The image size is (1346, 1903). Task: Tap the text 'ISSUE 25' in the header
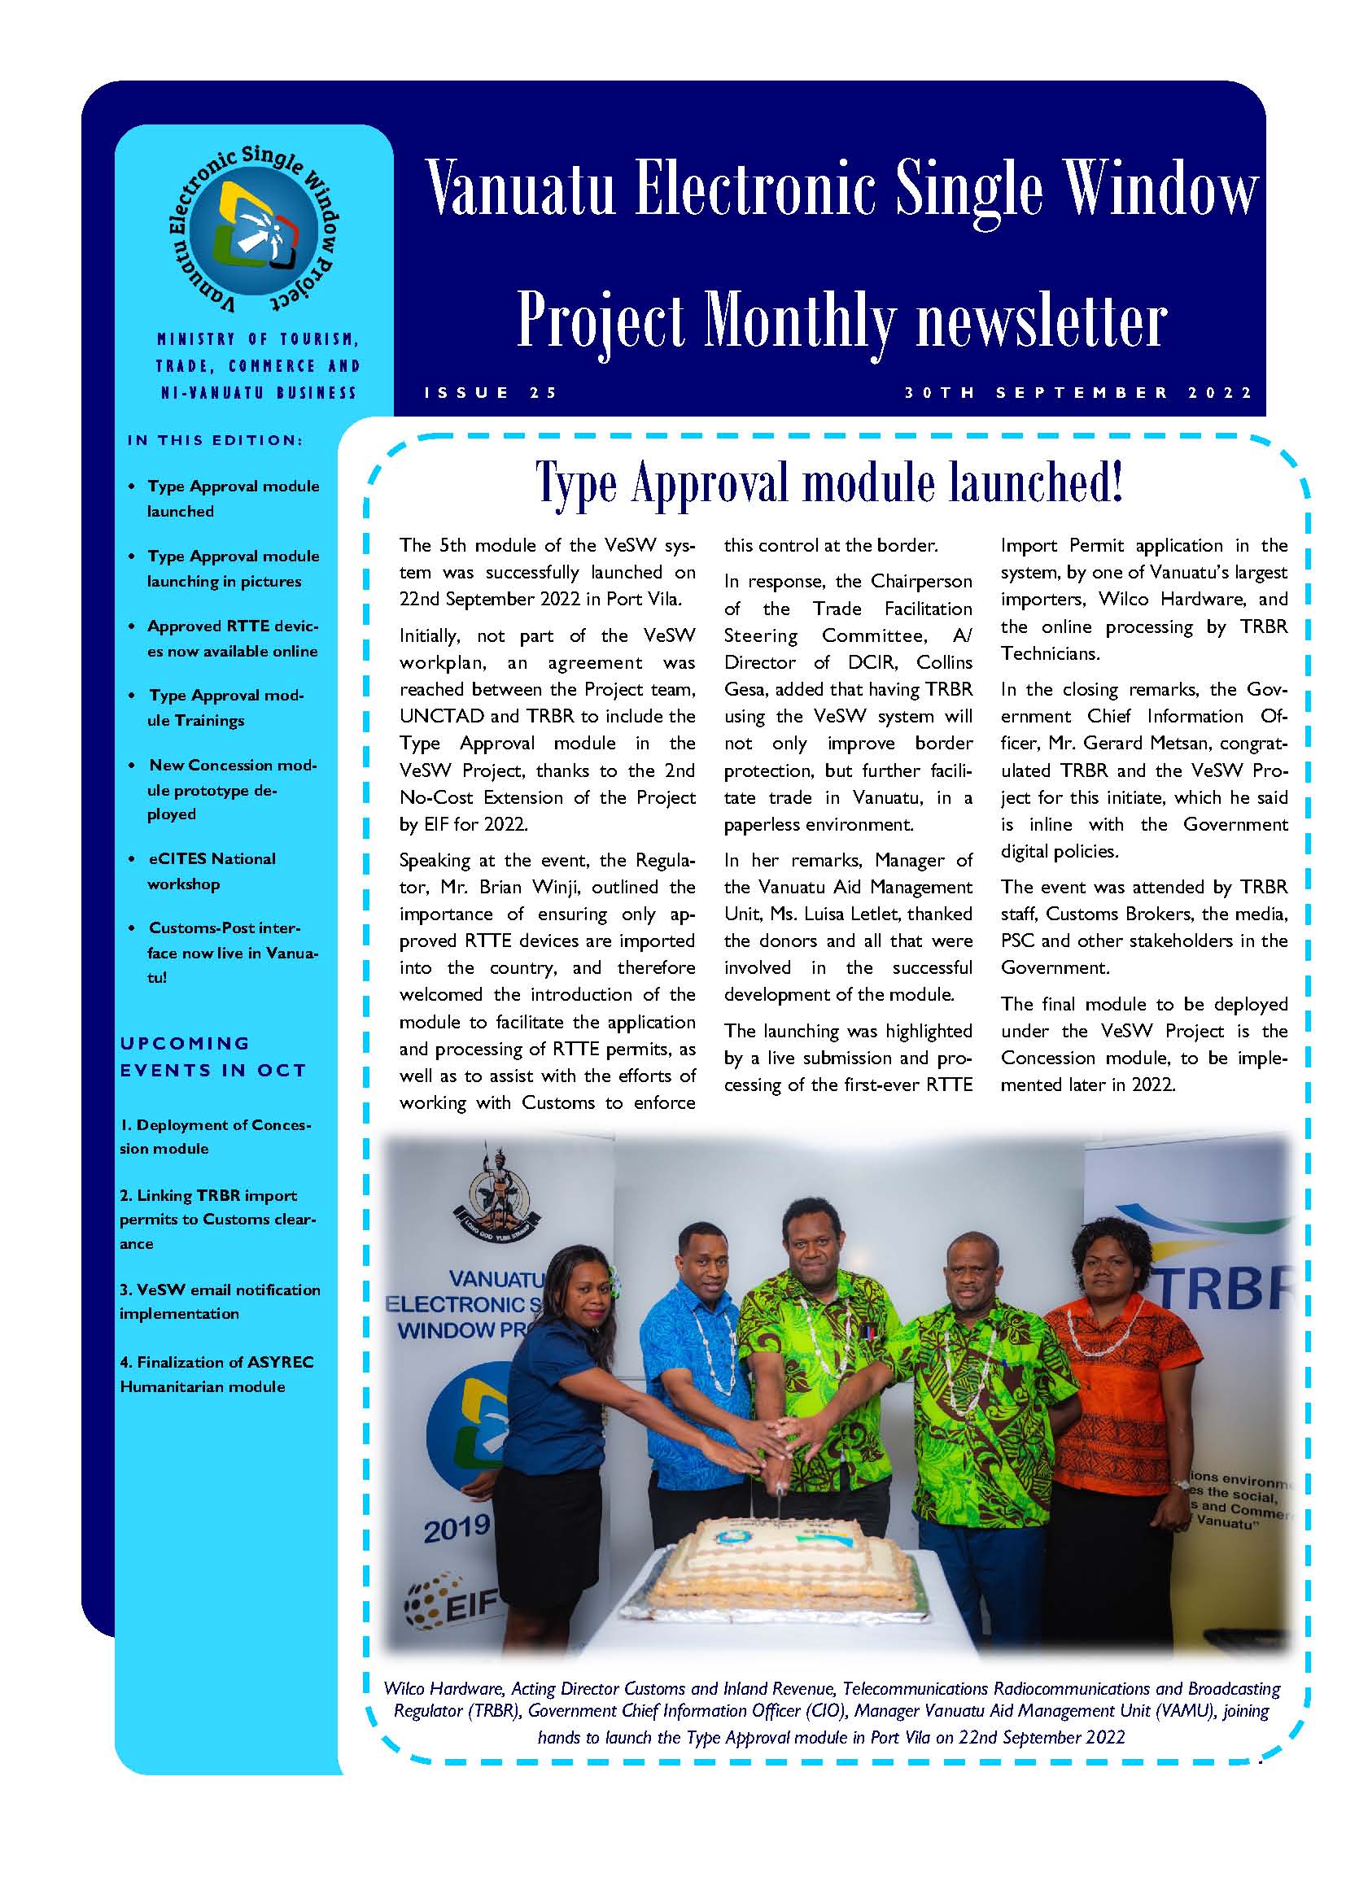(492, 393)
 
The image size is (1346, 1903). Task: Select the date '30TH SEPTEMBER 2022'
(1078, 393)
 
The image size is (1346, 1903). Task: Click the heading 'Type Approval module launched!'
(829, 483)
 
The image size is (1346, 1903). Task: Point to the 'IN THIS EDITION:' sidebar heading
(215, 440)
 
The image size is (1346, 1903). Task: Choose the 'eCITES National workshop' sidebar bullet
(212, 871)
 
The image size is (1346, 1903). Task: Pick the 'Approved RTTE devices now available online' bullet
(232, 638)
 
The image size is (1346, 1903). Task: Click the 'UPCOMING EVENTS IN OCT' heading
(213, 1056)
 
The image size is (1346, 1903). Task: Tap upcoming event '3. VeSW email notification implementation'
(220, 1301)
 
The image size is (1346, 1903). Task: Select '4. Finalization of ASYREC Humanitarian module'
(216, 1374)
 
